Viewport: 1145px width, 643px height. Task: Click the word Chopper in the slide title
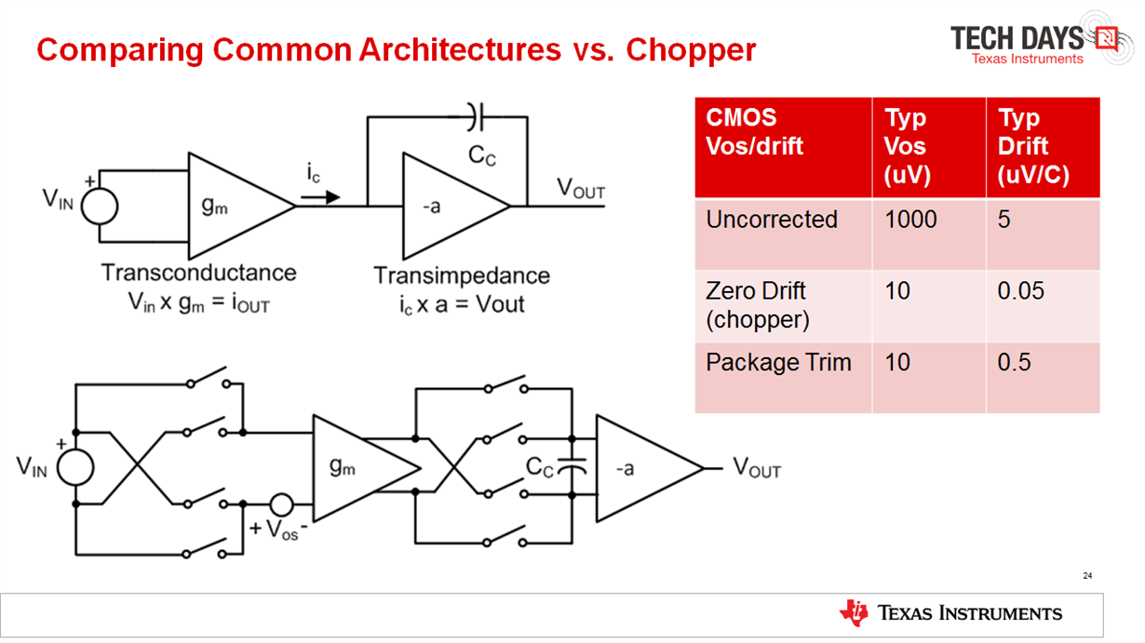[x=691, y=49]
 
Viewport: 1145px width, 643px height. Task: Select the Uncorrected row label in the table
[x=772, y=220]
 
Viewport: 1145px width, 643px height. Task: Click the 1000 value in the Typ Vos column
[x=910, y=220]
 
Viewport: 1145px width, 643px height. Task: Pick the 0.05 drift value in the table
[x=1021, y=291]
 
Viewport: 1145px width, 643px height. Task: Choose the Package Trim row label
[x=778, y=362]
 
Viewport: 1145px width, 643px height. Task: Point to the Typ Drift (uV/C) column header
[x=1033, y=146]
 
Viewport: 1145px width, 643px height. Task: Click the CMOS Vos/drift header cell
[x=754, y=132]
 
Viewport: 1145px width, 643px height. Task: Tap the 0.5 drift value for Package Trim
[x=1014, y=362]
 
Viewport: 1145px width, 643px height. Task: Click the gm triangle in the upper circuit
[x=233, y=206]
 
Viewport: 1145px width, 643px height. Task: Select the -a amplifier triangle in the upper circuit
[x=447, y=206]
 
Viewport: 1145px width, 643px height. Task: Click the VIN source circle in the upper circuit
[x=99, y=206]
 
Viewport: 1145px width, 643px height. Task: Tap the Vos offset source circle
[x=280, y=505]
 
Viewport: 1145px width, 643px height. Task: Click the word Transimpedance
[x=461, y=276]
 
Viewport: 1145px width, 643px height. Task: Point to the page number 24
[x=1087, y=576]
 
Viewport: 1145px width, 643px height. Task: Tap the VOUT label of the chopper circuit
[x=757, y=468]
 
